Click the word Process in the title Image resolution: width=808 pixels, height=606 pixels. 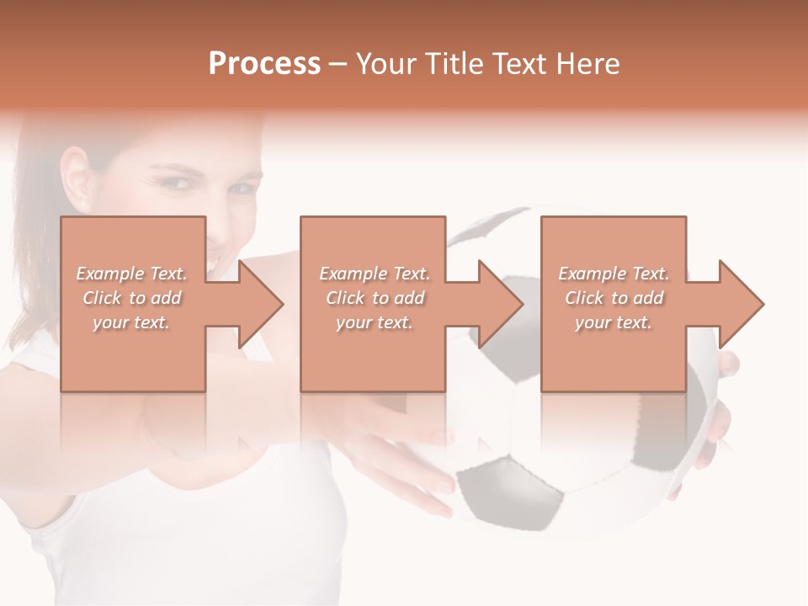click(264, 64)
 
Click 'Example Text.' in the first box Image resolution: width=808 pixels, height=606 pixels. click(132, 274)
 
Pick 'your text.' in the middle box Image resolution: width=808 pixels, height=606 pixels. click(374, 322)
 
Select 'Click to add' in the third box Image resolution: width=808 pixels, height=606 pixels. click(614, 298)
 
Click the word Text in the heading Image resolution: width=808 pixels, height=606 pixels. click(518, 64)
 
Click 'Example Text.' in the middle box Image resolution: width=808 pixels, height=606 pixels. click(374, 274)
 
